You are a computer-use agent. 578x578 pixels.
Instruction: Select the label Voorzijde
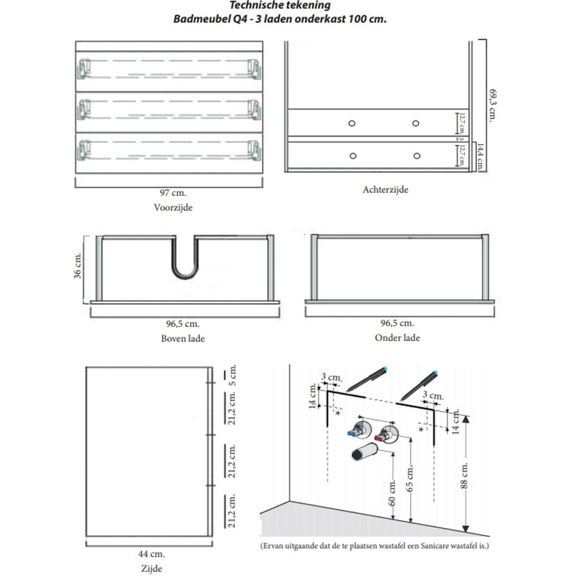173,207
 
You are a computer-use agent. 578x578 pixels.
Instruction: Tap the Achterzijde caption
385,189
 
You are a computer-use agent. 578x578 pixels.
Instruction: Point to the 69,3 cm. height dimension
493,103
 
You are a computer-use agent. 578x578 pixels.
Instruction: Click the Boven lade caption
183,338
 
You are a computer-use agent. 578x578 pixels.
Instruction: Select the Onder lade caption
398,338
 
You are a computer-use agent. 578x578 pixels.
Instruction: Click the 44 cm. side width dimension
152,554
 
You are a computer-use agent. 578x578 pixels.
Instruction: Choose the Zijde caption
152,568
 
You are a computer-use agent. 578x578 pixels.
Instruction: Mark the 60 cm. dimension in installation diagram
392,493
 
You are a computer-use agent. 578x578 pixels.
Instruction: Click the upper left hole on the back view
352,123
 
